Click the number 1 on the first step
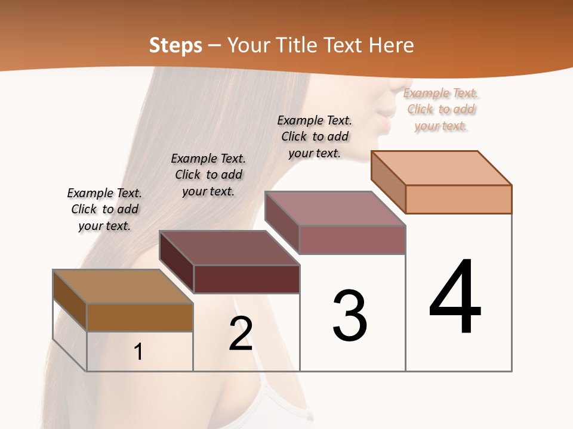[x=138, y=352]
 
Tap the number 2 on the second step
[x=241, y=333]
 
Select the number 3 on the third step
[x=350, y=315]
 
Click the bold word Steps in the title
[x=175, y=45]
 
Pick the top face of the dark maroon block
[x=230, y=248]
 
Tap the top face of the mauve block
[x=335, y=209]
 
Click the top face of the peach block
[x=442, y=168]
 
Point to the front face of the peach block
[x=458, y=199]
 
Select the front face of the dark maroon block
[x=247, y=279]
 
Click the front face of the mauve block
[x=352, y=240]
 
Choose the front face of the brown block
[x=140, y=317]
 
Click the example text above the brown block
[x=104, y=209]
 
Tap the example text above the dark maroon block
[x=208, y=175]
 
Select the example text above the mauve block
[x=315, y=136]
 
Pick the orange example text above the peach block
[x=441, y=109]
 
